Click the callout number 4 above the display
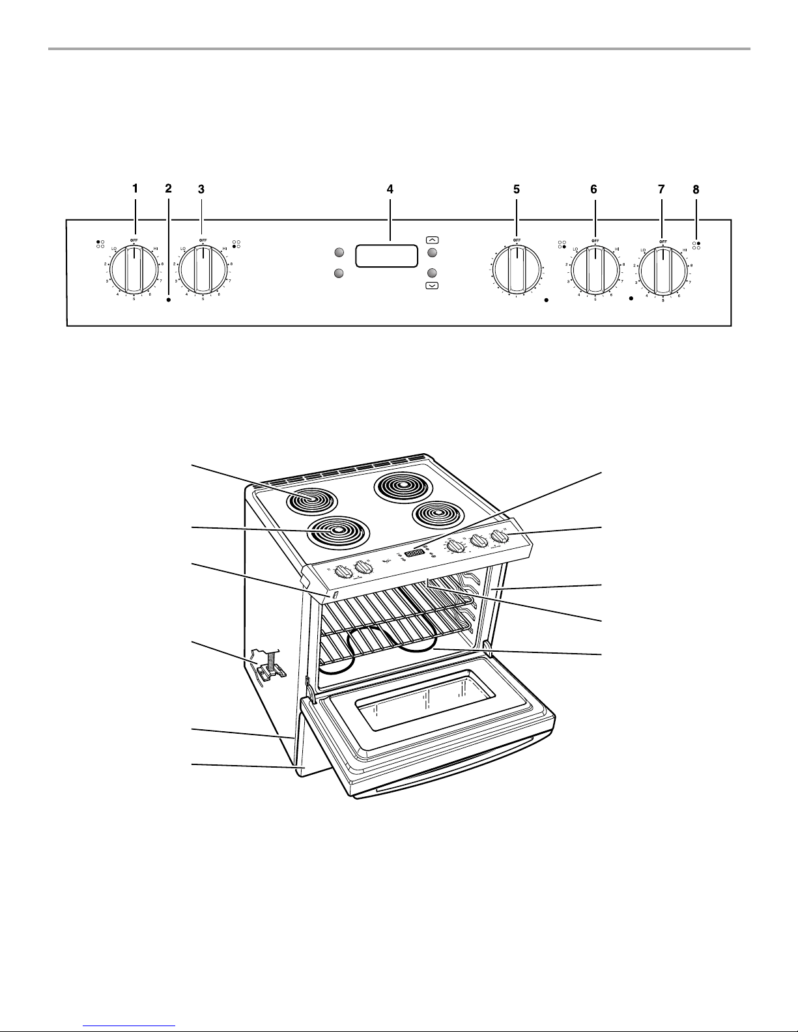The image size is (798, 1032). click(x=390, y=189)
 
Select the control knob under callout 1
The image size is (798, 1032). click(x=134, y=268)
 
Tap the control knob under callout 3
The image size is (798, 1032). click(x=203, y=268)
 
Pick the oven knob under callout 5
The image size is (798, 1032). click(x=517, y=268)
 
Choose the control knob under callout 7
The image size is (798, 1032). click(x=663, y=268)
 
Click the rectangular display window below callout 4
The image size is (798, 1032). click(x=386, y=256)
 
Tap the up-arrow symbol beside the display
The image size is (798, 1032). click(x=431, y=240)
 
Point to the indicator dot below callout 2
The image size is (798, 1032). click(x=169, y=301)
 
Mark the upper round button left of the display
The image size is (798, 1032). click(x=339, y=253)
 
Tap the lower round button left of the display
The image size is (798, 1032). click(x=339, y=273)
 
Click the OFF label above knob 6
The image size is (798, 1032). click(x=595, y=240)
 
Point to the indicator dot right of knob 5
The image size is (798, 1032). click(x=547, y=301)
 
